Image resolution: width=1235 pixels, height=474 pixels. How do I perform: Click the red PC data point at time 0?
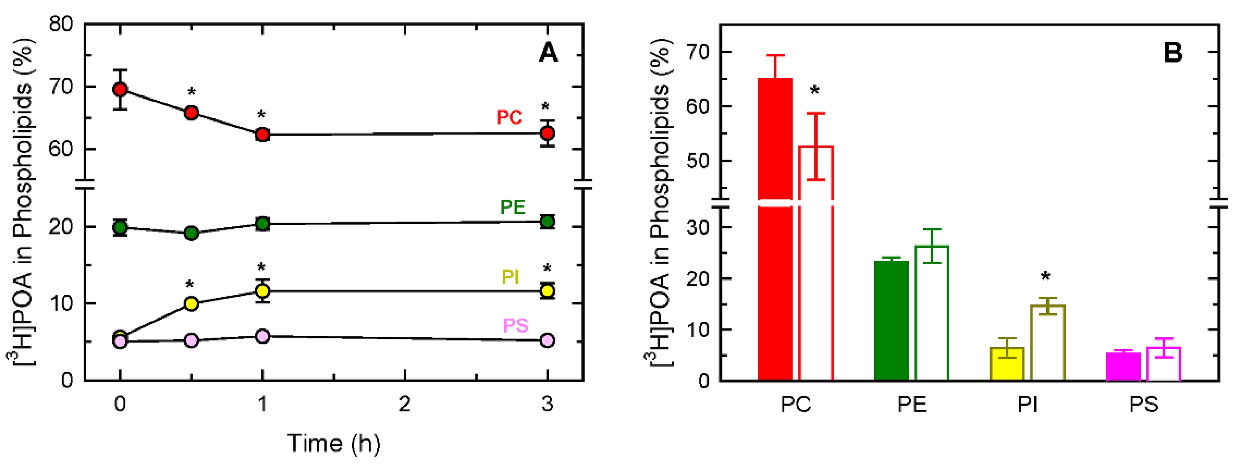[x=120, y=89]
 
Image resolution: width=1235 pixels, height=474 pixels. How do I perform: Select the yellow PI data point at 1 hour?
[x=262, y=291]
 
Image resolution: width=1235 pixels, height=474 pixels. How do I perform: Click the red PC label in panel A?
[x=509, y=117]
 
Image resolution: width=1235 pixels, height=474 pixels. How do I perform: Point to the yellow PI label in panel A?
[x=510, y=277]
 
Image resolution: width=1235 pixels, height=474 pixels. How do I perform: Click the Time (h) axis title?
[x=334, y=443]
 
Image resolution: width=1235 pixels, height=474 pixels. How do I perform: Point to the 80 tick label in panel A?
[x=60, y=24]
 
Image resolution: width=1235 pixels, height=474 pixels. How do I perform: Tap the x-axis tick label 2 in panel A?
[x=405, y=404]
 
